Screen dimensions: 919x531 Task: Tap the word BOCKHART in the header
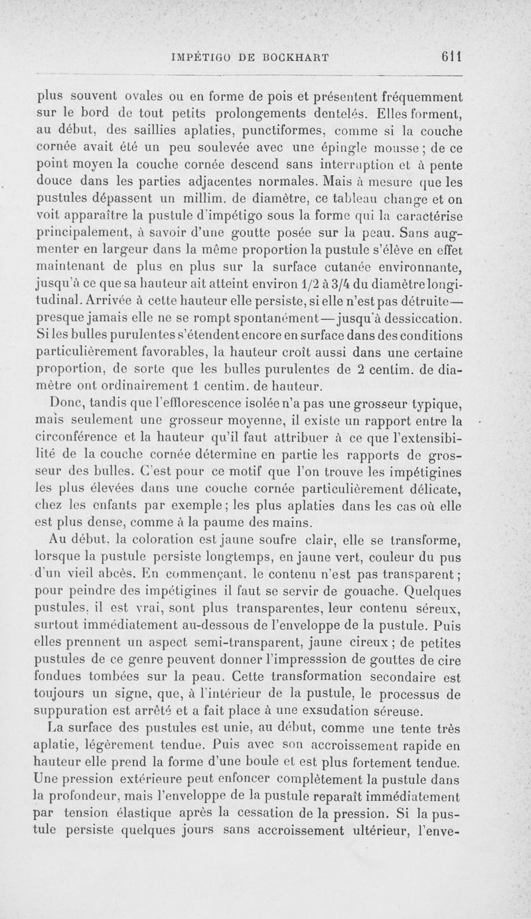(292, 57)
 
